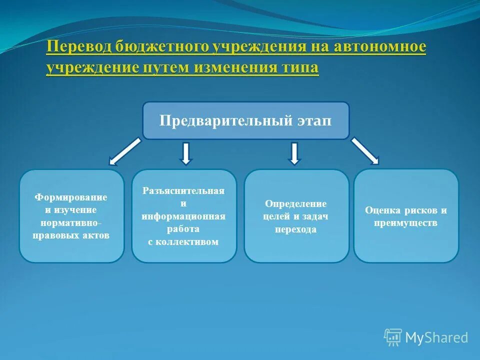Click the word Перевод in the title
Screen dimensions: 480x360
pos(79,47)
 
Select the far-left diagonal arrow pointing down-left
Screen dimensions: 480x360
pos(125,151)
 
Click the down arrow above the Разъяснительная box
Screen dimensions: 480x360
pos(186,153)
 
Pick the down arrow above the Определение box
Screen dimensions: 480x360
pos(295,153)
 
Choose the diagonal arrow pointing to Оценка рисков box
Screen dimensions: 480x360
pos(365,151)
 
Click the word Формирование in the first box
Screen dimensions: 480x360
pos(71,197)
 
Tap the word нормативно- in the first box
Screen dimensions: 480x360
pos(71,222)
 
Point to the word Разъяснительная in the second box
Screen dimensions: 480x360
pos(183,191)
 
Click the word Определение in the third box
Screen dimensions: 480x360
pos(296,204)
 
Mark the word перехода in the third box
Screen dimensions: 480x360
pos(296,229)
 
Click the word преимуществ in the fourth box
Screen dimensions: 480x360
pos(405,223)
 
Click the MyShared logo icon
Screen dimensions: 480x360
pos(393,337)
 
